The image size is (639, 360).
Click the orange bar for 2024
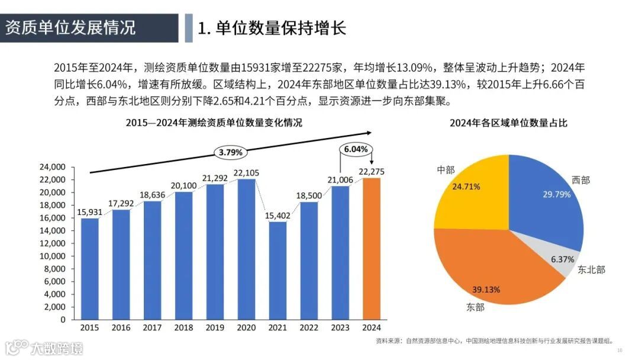[372, 249]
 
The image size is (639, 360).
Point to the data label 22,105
[246, 173]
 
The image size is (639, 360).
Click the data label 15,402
[277, 216]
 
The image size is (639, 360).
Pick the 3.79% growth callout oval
[231, 152]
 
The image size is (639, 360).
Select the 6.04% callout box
[356, 149]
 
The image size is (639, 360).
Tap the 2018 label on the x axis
[183, 327]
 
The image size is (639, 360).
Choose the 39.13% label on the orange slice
[486, 290]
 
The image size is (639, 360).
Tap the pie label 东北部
[591, 269]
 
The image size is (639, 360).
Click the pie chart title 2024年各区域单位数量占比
[508, 123]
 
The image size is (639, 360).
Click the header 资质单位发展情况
[70, 28]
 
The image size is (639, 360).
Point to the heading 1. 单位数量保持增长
[272, 28]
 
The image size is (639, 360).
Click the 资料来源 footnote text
[494, 341]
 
